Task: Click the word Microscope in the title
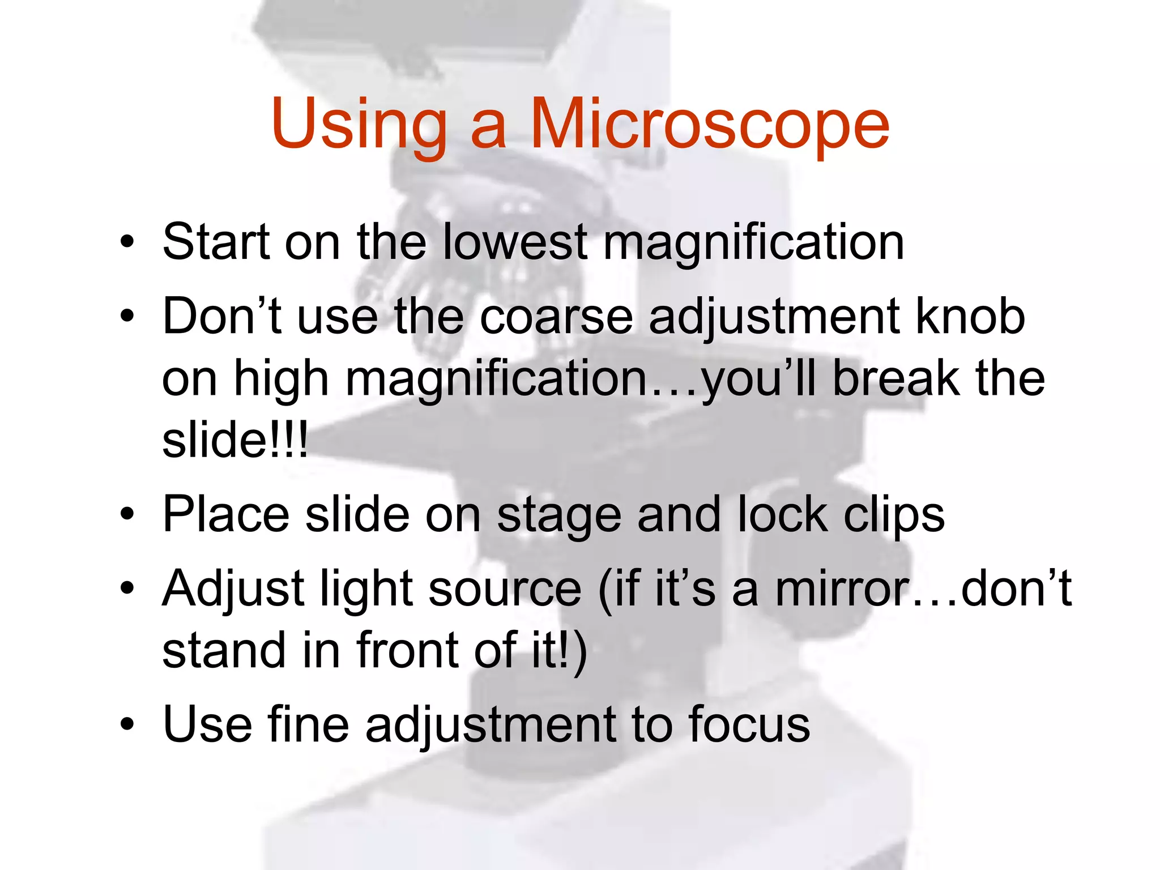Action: pyautogui.click(x=709, y=125)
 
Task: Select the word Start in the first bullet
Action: pyautogui.click(x=215, y=242)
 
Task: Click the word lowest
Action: pyautogui.click(x=514, y=242)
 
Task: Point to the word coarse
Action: pyautogui.click(x=556, y=317)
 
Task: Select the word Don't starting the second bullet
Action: pyautogui.click(x=222, y=317)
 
